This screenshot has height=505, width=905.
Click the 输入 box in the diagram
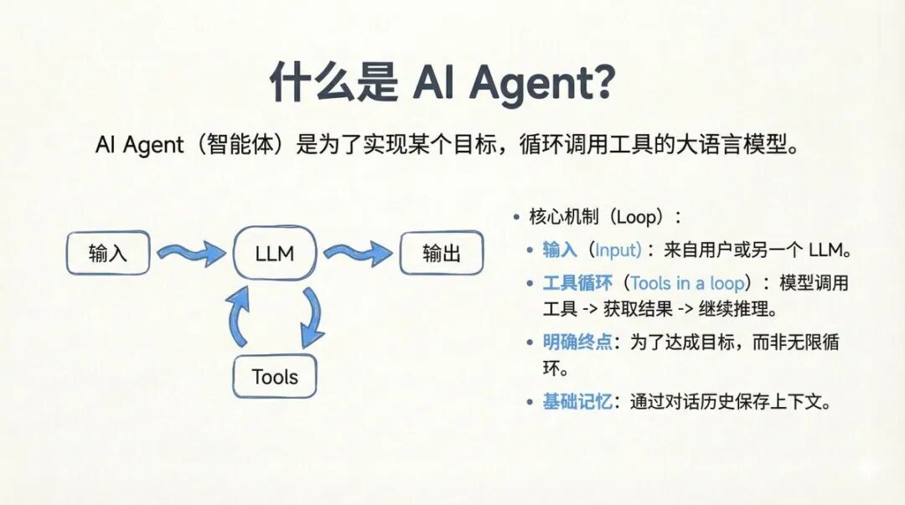tap(108, 253)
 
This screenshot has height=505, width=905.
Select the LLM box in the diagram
tap(275, 253)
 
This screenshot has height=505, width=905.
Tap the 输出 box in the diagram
tap(441, 253)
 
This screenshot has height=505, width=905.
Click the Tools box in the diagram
tap(275, 377)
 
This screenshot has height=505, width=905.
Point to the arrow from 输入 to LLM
tap(190, 251)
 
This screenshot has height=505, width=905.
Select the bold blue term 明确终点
tap(577, 342)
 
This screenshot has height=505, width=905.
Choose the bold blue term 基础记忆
tap(577, 401)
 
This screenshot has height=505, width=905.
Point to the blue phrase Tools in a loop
tap(687, 282)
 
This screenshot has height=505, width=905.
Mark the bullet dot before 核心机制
tap(517, 218)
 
